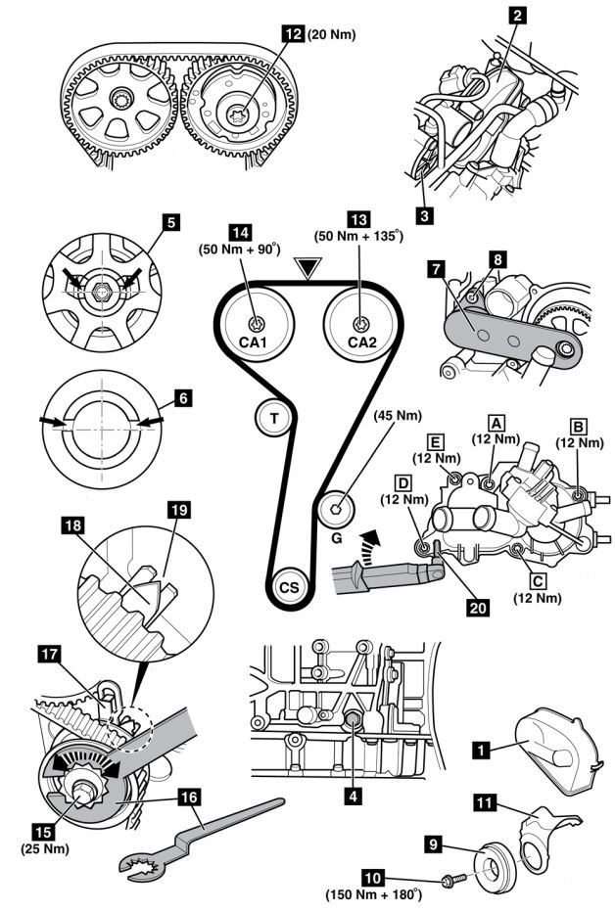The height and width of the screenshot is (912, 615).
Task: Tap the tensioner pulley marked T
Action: [x=275, y=419]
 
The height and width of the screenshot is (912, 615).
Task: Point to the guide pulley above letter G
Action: [x=337, y=507]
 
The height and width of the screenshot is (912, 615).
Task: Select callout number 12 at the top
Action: [x=292, y=31]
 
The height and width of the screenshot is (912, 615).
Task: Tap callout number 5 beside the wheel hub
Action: [x=171, y=222]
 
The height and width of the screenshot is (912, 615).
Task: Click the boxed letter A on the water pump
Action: [x=497, y=422]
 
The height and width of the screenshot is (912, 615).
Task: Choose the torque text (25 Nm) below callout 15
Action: [x=43, y=847]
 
